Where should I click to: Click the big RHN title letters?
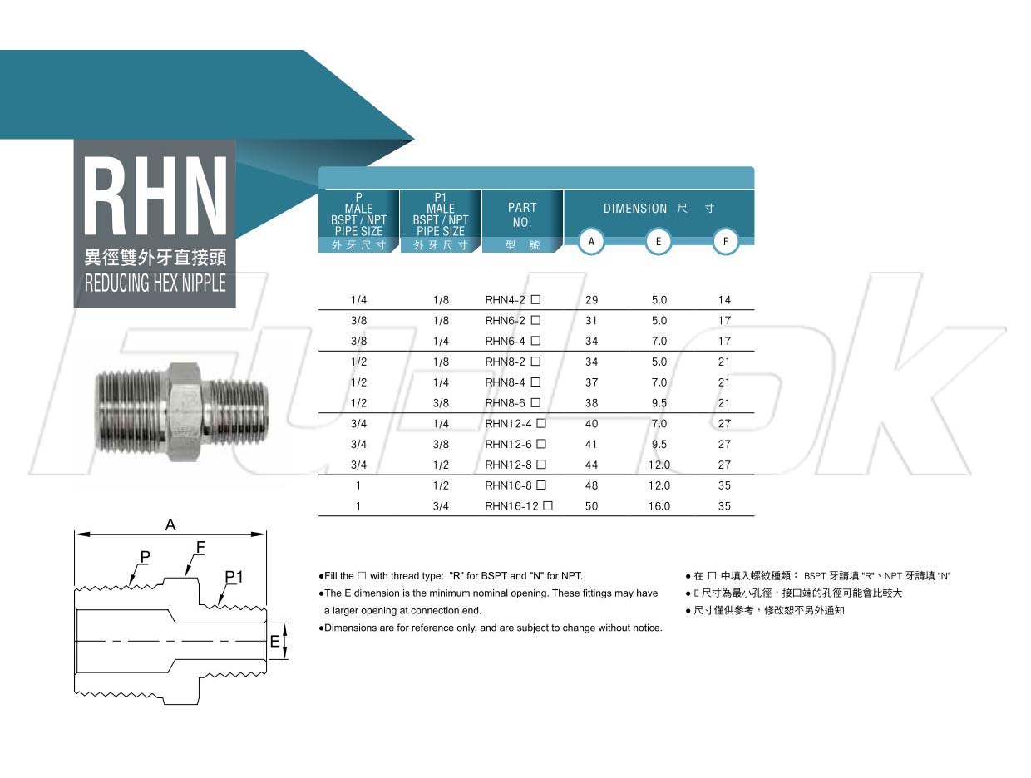click(155, 195)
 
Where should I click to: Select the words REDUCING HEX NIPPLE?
click(155, 283)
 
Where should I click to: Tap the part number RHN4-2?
click(505, 299)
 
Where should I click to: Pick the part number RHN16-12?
click(511, 505)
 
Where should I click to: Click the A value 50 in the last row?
click(591, 505)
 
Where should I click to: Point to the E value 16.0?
click(659, 505)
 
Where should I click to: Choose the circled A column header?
click(591, 241)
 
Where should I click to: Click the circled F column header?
click(725, 241)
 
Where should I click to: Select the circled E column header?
click(658, 241)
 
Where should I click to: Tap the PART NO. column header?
click(522, 214)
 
